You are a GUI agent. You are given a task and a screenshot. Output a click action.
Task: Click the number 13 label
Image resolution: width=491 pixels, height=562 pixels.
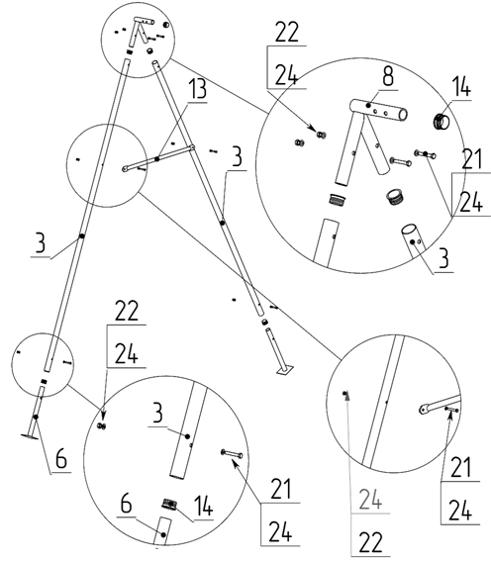coord(198,89)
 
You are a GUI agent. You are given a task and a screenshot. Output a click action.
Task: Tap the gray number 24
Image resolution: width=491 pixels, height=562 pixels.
coord(370,500)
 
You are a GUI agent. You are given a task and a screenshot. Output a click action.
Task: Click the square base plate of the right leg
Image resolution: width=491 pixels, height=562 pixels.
coord(285,370)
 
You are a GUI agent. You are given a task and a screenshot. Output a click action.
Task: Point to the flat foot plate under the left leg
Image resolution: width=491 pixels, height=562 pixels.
coord(30,435)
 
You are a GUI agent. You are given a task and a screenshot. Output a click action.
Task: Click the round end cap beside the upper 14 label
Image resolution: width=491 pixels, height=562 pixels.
coord(442,121)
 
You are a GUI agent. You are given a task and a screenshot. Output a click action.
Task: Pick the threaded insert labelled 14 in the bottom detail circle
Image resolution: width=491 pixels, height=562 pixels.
coord(168,505)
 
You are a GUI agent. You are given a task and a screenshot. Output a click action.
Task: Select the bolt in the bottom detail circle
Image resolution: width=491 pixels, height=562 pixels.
coord(232,454)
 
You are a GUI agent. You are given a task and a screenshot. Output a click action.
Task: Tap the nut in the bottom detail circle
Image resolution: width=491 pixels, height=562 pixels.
coord(102,425)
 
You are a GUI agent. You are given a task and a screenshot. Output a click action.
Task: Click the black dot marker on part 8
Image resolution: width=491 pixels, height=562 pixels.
coord(368,105)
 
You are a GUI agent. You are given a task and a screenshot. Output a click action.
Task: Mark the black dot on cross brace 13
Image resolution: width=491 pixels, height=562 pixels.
coord(156,158)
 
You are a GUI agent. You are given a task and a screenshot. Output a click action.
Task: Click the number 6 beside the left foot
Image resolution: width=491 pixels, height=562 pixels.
coord(61,458)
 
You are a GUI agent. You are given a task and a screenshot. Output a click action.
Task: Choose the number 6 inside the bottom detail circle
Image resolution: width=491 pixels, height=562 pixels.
coord(127,504)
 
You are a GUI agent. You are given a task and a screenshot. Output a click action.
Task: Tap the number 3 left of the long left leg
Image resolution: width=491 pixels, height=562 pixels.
coord(41,242)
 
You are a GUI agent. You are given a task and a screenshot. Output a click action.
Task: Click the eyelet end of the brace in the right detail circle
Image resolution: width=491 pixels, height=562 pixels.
coord(424,409)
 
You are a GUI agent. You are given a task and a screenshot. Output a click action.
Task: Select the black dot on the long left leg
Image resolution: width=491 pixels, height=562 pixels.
coord(82,235)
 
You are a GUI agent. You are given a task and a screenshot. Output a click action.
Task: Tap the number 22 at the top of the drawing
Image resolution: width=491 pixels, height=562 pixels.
coord(286,33)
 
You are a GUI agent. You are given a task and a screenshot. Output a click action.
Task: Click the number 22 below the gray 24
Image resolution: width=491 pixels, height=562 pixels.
coord(370,542)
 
